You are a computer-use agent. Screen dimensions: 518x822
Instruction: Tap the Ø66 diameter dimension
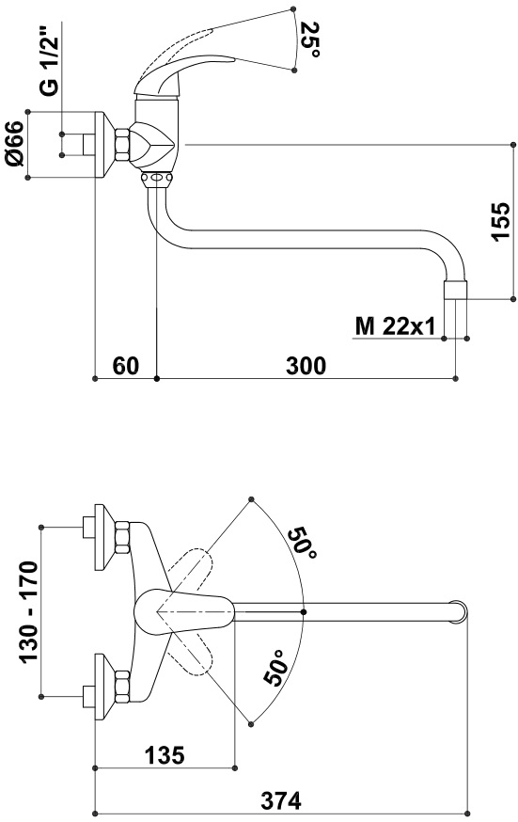16,144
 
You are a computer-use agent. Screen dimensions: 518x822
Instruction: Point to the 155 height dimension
500,221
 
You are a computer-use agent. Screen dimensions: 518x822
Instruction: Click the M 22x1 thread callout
395,326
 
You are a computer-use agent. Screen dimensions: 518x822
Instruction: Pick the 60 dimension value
126,366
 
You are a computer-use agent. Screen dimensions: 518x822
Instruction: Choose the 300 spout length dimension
306,366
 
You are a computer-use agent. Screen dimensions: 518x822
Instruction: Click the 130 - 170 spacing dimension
29,611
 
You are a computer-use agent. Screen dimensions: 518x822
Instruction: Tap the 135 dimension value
165,755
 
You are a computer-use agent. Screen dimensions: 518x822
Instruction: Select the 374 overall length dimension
282,800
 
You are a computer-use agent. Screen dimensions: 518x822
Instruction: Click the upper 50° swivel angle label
303,545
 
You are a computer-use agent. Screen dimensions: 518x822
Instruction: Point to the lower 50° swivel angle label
277,668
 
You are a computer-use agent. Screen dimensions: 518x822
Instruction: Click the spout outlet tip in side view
455,291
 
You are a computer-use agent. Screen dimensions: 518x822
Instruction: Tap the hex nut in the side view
122,145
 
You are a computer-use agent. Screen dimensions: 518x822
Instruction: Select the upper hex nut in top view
122,537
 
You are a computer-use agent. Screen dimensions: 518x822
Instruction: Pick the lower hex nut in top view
122,687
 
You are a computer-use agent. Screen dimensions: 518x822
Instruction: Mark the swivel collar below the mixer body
157,179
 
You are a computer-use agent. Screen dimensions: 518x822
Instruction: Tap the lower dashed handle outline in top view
191,654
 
